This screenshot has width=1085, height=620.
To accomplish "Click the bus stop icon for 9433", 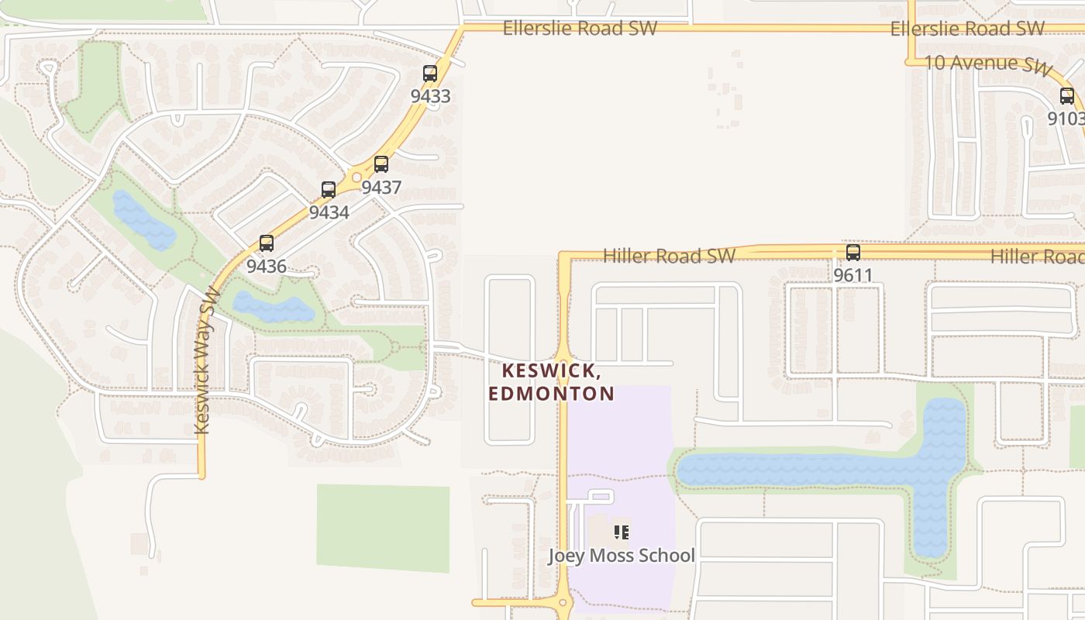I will [430, 74].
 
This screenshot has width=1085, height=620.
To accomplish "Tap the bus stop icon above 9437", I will [381, 164].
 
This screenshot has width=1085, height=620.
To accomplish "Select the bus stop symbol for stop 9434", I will [329, 190].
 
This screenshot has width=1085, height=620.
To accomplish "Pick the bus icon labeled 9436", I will [267, 243].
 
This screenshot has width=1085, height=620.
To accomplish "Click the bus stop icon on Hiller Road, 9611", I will [853, 253].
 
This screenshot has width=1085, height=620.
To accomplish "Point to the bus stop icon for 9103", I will [1067, 96].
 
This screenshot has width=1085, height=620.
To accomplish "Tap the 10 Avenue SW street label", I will [989, 64].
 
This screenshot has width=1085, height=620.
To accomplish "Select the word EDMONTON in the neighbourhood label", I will [551, 394].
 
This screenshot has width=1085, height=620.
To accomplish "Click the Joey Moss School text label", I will [621, 556].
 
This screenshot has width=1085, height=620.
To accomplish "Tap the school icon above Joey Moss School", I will [621, 532].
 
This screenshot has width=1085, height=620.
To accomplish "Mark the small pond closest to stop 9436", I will [273, 308].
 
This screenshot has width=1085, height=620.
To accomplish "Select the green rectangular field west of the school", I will [383, 528].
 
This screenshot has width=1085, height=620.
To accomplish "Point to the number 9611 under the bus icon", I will [853, 275].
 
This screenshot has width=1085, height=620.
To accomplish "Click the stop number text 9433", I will [430, 96].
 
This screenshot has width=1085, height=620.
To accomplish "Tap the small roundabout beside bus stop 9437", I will [357, 177].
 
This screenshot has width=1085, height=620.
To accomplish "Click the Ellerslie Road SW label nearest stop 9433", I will [580, 29].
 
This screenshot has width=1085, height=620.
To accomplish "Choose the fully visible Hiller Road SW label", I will [669, 256].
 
